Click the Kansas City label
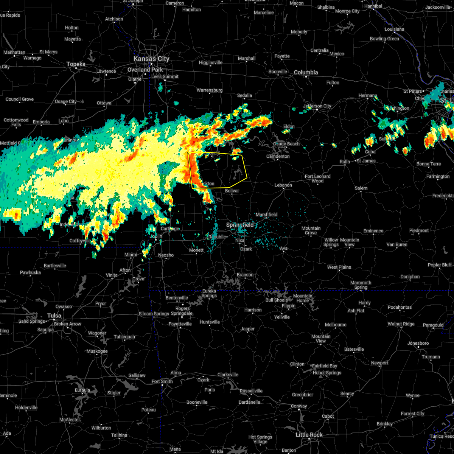point(151,59)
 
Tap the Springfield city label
point(240,225)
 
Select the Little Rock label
point(309,435)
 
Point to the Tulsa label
point(54,316)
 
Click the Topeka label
point(76,64)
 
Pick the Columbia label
point(306,72)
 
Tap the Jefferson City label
point(317,106)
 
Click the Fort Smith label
point(162,381)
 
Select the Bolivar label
point(232,191)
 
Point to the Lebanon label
point(283,185)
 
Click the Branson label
point(245,275)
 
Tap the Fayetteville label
point(180,324)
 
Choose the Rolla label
point(345,162)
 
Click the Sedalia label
point(244,96)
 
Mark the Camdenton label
point(278,157)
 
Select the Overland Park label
point(145,70)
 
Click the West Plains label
point(339,267)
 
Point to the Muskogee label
point(97,351)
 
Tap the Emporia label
point(41,122)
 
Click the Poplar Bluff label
point(440,265)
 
